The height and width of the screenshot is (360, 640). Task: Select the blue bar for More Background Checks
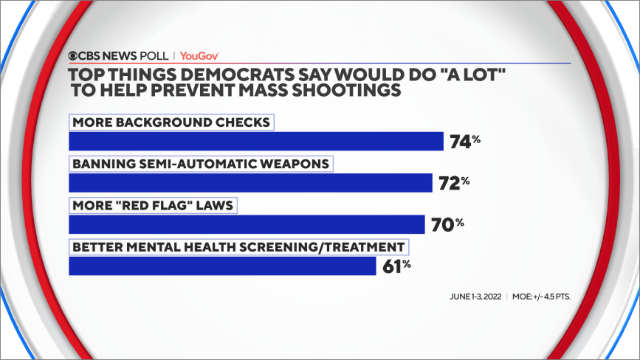point(255,141)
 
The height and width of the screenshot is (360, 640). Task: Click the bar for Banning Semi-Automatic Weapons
point(250,182)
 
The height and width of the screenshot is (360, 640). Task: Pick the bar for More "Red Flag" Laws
point(247,224)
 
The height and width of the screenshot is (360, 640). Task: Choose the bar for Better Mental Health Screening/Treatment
point(222,265)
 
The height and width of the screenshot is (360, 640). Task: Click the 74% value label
point(465,142)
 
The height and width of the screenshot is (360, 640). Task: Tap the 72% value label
point(454,183)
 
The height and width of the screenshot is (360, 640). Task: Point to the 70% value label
point(447,224)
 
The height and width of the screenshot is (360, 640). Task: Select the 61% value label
point(398,266)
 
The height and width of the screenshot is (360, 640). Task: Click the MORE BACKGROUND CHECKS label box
point(171,122)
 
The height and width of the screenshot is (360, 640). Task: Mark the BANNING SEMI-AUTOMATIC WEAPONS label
point(201,163)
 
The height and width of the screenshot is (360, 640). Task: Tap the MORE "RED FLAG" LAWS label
point(152,204)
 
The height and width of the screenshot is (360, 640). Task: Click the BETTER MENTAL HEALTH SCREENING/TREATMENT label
point(238,246)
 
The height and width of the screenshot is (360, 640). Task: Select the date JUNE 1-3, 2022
point(475,297)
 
